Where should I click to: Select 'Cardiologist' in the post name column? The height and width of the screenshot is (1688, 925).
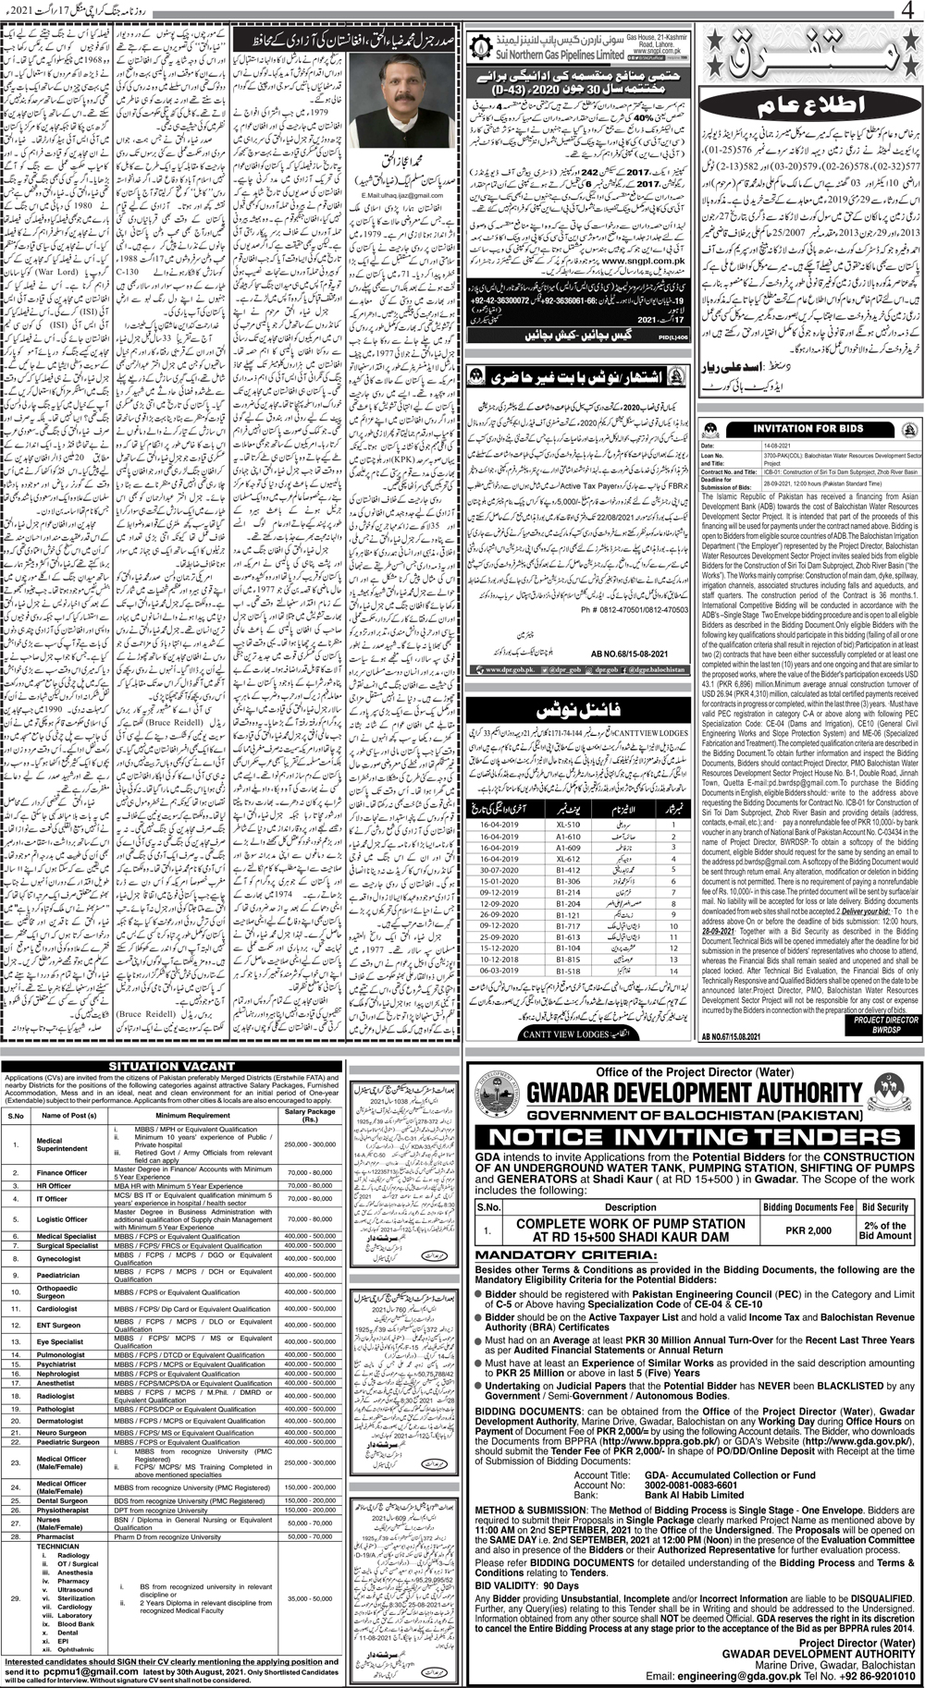click(57, 1309)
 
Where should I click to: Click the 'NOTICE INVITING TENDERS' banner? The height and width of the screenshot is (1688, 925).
click(696, 1136)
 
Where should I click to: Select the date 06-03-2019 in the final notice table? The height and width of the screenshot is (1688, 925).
click(500, 971)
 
